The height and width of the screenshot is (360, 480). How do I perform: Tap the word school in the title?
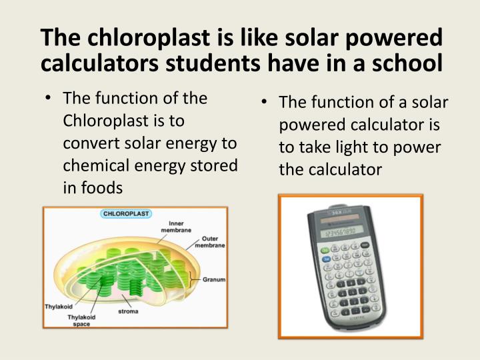[405, 63]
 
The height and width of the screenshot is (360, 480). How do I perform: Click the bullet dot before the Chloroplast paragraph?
[50, 99]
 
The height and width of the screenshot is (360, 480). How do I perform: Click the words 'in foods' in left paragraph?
[93, 188]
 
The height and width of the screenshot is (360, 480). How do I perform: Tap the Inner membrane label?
[176, 227]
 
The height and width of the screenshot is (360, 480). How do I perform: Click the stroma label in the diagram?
[128, 311]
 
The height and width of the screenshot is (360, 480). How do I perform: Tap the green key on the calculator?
[325, 252]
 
